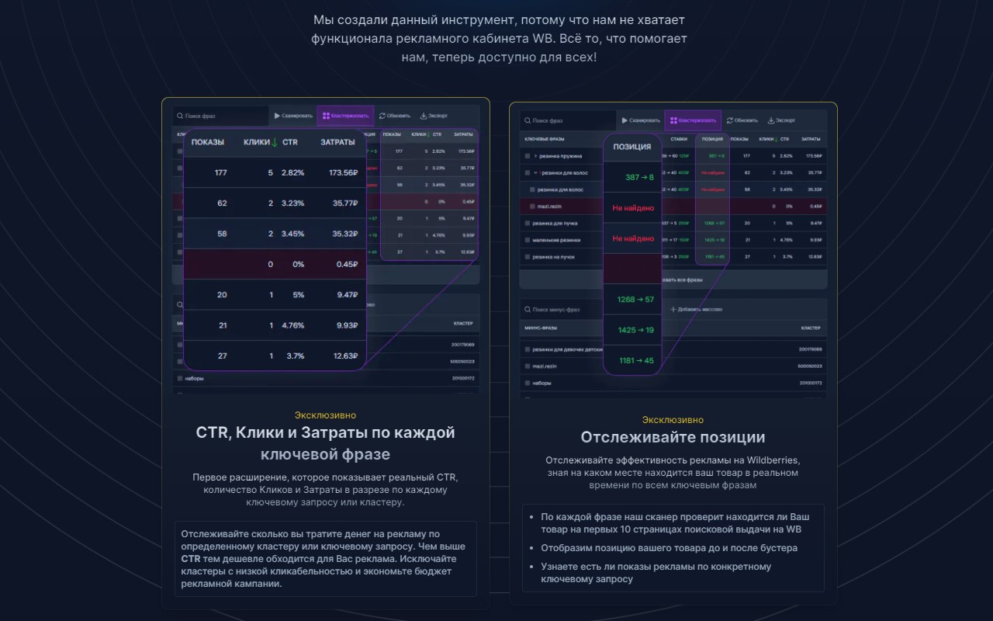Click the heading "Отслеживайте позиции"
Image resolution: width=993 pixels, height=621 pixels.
(x=673, y=437)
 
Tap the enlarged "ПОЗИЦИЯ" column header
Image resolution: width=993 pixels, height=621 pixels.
(x=631, y=147)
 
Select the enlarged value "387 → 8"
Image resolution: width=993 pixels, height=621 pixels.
(x=639, y=178)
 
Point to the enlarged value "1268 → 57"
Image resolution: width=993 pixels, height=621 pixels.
(x=635, y=300)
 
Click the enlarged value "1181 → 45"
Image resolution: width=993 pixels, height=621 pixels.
(x=635, y=360)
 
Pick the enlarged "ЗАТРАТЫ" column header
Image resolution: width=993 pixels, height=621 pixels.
(x=337, y=142)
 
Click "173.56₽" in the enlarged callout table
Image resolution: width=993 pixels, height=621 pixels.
(x=342, y=172)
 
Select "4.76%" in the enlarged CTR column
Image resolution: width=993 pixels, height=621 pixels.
(x=292, y=325)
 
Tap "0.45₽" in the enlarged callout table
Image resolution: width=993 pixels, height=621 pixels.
(x=346, y=264)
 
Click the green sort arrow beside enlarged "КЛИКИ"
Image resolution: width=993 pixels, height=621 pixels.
(x=275, y=142)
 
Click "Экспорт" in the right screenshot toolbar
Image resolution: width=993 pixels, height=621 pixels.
(x=781, y=120)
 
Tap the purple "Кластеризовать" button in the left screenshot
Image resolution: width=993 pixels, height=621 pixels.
(x=345, y=116)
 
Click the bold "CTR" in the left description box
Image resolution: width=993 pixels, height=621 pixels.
(x=191, y=559)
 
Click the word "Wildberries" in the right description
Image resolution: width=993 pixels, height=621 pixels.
(x=770, y=460)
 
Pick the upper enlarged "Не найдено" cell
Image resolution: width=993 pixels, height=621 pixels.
(x=633, y=208)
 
